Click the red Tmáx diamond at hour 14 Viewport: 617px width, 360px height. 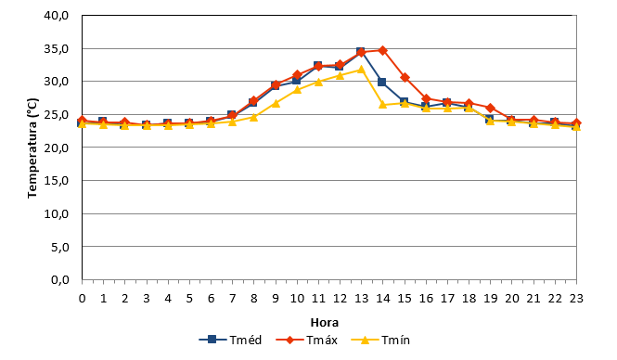tap(382, 51)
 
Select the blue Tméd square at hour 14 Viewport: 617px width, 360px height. tap(381, 83)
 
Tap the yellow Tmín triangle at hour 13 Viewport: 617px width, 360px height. tap(361, 70)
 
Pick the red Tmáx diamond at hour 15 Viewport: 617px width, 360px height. tap(405, 78)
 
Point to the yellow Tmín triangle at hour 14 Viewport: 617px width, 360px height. tap(382, 104)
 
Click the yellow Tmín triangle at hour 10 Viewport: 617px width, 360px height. tap(297, 90)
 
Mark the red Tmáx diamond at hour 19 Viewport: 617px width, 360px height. tap(490, 108)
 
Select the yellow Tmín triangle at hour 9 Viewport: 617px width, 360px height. tap(276, 103)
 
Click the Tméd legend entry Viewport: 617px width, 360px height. tap(230, 340)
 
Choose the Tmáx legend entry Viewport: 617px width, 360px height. tap(306, 340)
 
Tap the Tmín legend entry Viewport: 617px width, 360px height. tap(380, 340)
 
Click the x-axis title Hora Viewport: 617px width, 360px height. tap(325, 323)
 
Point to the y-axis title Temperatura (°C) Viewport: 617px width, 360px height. tap(32, 148)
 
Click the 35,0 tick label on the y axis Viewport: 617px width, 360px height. tap(57, 49)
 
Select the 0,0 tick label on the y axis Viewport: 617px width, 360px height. tap(60, 279)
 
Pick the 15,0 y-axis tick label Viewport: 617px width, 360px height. tap(57, 181)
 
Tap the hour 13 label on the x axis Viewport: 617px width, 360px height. tap(361, 299)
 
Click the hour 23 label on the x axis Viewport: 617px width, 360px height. tap(576, 299)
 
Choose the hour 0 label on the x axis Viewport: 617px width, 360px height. tap(82, 299)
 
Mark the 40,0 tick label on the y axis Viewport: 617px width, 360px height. tap(57, 16)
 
